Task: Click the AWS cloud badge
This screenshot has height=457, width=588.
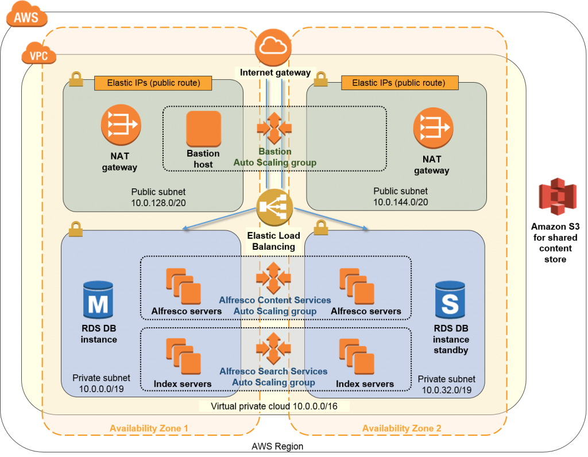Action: pos(26,17)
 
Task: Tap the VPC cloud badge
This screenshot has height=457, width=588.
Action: pos(38,55)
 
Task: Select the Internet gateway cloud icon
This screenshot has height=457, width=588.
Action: pos(273,49)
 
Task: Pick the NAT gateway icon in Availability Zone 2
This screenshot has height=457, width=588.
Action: pos(433,127)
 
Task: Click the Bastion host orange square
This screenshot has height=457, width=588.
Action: pos(203,129)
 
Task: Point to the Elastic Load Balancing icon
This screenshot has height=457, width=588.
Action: pos(275,207)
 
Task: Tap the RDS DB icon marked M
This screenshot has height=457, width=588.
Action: pos(98,300)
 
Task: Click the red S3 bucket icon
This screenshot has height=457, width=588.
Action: pos(557,196)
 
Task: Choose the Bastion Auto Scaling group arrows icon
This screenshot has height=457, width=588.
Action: pos(274,127)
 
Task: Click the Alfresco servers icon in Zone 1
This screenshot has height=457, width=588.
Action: pos(184,286)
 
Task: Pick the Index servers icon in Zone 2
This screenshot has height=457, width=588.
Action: pos(357,357)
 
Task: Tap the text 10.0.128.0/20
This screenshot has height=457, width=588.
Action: pos(158,202)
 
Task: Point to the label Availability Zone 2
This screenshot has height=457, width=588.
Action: pos(401,428)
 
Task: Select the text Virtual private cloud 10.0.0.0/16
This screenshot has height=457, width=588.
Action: pos(274,406)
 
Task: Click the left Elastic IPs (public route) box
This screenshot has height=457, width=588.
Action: pos(153,83)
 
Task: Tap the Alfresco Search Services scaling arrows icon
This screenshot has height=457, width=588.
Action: pos(273,348)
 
